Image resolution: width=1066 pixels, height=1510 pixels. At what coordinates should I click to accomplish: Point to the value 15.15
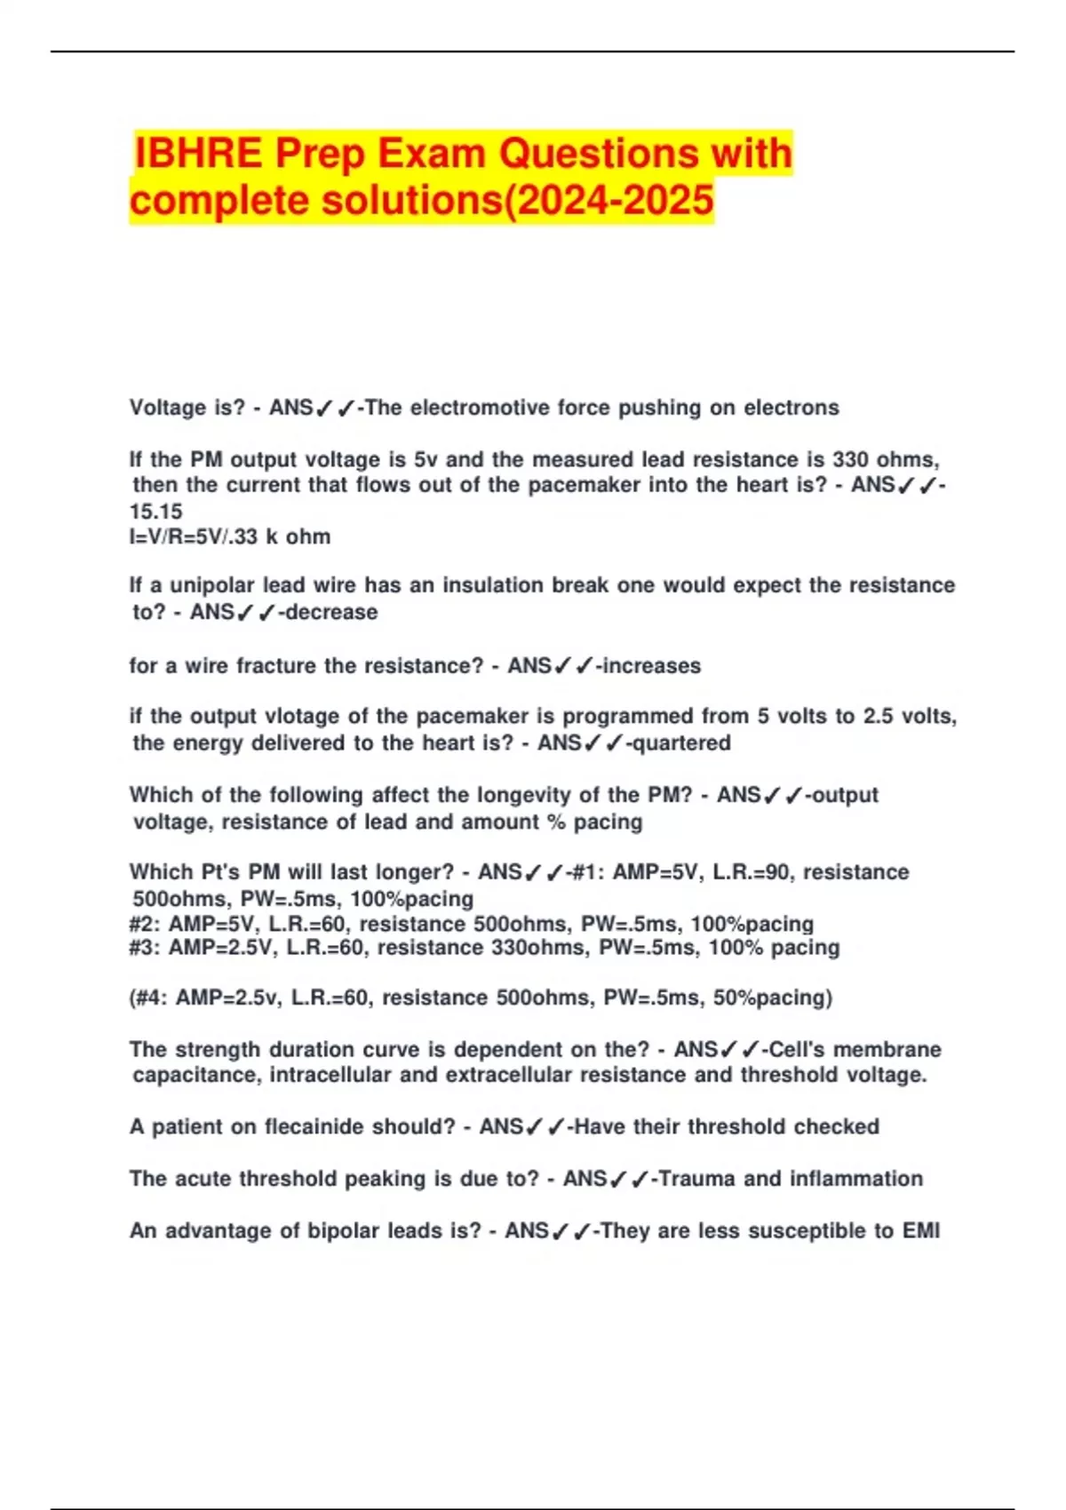point(155,512)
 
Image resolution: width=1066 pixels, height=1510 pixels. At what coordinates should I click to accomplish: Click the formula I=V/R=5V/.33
point(195,536)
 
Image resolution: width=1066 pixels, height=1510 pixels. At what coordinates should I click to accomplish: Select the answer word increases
point(652,665)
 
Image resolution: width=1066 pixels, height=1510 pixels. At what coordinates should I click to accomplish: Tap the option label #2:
point(145,924)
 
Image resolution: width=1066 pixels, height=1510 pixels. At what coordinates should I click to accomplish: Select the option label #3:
point(145,948)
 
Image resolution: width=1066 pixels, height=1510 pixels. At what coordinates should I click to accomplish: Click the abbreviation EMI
point(921,1230)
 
